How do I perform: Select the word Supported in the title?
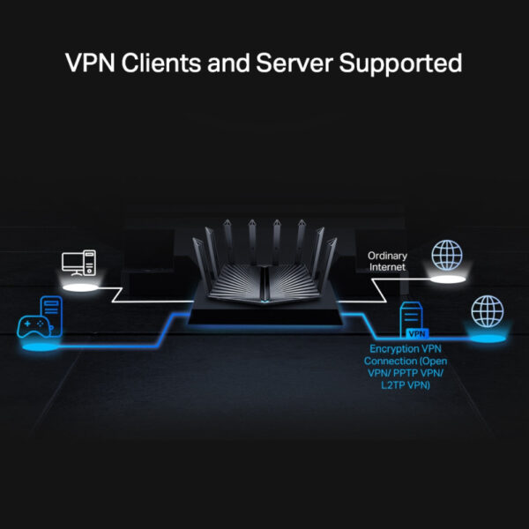[x=405, y=63]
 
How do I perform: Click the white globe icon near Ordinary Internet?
[x=446, y=255]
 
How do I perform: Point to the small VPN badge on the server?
[x=417, y=334]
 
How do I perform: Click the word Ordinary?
[x=388, y=255]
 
